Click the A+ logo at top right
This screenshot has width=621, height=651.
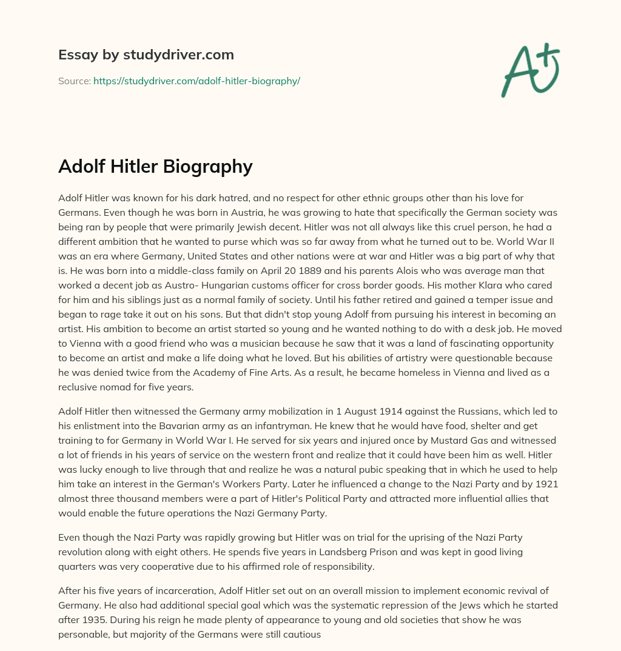(530, 70)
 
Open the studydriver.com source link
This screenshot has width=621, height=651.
(196, 81)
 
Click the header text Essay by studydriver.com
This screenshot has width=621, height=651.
(146, 55)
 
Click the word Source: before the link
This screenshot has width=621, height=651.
(74, 81)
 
